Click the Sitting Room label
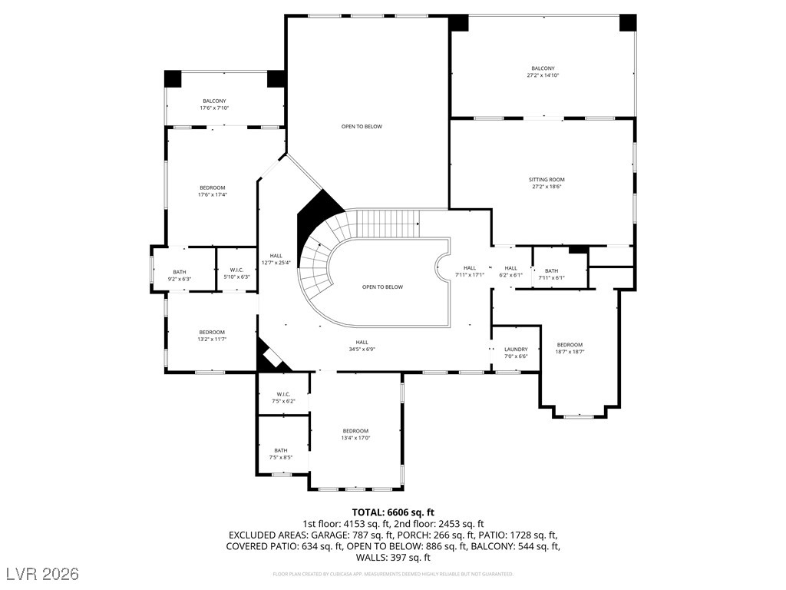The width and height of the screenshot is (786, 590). [x=546, y=180]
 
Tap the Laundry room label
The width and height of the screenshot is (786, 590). [x=516, y=350]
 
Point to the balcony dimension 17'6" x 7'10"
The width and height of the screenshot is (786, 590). [x=214, y=108]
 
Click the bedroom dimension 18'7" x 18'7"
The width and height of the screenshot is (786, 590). [x=570, y=352]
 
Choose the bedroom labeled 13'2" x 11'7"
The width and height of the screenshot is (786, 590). [x=212, y=335]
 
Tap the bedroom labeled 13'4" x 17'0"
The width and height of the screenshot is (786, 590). [x=355, y=434]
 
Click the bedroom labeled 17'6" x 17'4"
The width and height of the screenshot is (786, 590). [x=213, y=191]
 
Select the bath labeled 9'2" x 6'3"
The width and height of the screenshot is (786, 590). [x=179, y=275]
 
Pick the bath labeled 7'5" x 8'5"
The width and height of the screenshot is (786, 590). [x=281, y=454]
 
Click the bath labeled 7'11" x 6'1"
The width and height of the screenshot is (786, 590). [x=551, y=273]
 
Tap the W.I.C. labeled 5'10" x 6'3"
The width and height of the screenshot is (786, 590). [x=236, y=273]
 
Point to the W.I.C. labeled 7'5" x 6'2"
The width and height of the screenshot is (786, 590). [x=282, y=398]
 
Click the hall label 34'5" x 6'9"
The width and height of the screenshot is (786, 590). [x=362, y=346]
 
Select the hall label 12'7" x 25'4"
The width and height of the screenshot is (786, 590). [x=276, y=259]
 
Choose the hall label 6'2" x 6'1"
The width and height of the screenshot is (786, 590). [x=511, y=271]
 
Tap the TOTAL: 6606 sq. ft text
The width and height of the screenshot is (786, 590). [x=393, y=512]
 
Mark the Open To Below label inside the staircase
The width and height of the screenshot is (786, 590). [x=382, y=287]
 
